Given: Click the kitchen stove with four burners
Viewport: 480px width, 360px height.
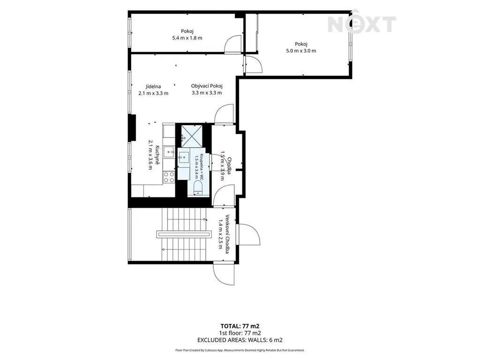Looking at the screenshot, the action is tap(169, 177).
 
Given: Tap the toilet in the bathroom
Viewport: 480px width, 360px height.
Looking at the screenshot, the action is tap(198, 187).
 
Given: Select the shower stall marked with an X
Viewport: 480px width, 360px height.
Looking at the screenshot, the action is tap(192, 136).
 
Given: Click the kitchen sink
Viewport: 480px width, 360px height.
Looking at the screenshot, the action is tap(169, 152).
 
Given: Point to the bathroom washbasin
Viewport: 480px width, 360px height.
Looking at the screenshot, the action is tap(184, 157).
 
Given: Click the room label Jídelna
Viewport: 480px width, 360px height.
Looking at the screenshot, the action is tap(153, 87).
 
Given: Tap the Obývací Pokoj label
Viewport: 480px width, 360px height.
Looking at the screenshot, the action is tap(207, 86).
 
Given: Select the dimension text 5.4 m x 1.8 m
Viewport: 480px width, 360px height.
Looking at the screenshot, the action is tap(187, 38).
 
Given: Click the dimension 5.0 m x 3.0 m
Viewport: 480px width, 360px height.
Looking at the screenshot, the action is tap(301, 51).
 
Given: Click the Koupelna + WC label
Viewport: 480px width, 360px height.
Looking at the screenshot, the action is tap(202, 167).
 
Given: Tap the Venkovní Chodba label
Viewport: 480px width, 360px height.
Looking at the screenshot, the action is tap(227, 234).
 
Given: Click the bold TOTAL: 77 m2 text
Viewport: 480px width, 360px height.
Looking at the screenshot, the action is tap(240, 326).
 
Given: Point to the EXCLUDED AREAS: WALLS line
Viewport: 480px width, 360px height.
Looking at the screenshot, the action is tap(240, 340).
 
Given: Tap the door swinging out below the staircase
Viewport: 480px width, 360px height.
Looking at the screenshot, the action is tap(224, 274).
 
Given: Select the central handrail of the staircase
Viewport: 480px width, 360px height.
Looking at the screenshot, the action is tap(184, 234).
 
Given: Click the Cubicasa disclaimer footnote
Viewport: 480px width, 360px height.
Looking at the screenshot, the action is tap(240, 350).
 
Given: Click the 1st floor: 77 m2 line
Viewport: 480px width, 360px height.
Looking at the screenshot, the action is tap(240, 333).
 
